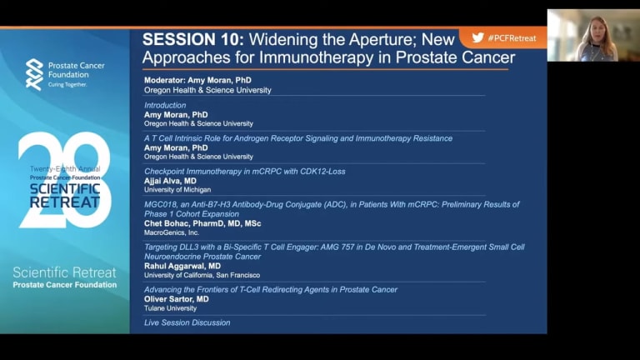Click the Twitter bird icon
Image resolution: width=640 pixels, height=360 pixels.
(477, 37)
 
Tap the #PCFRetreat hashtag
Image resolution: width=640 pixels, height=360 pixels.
(512, 38)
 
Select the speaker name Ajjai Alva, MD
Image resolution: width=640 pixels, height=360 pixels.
(170, 181)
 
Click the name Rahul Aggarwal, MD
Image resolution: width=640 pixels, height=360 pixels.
(182, 266)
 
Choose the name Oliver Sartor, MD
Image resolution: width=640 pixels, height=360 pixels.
(177, 299)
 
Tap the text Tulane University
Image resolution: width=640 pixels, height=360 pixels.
(170, 308)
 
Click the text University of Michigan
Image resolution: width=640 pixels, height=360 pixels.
(177, 190)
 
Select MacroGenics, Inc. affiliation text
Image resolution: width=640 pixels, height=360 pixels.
(172, 232)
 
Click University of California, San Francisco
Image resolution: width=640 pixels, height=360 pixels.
(202, 275)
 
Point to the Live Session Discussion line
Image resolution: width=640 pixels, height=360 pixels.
(187, 322)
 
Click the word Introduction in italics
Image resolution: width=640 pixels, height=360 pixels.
(165, 105)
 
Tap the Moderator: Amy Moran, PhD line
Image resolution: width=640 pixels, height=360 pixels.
(197, 80)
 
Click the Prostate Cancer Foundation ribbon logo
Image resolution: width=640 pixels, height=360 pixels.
(34, 74)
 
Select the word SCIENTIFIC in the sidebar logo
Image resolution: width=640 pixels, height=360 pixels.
(65, 188)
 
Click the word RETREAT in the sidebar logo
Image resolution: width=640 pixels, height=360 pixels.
(65, 202)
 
